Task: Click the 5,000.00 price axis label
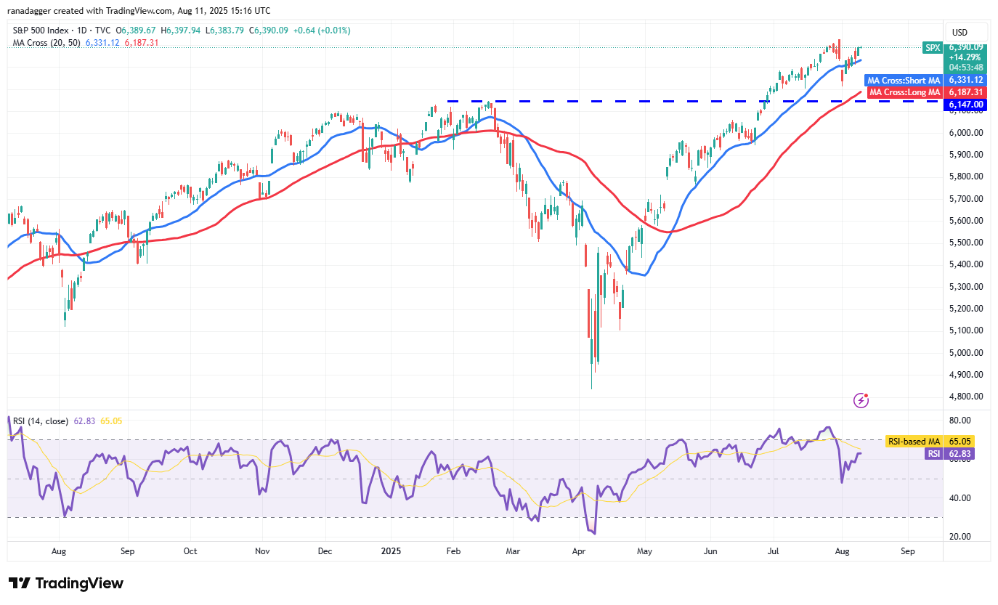click(x=965, y=352)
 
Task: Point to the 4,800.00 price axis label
click(x=965, y=397)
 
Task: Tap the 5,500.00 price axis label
click(x=965, y=242)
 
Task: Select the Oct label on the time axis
click(x=190, y=551)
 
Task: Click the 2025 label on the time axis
click(x=391, y=551)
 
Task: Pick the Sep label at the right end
click(x=907, y=551)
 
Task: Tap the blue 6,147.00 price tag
click(x=965, y=105)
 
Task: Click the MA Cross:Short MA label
click(x=903, y=80)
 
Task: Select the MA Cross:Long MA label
click(x=904, y=92)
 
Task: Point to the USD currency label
click(x=960, y=32)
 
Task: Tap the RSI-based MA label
click(x=914, y=441)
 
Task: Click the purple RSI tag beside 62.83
click(x=933, y=453)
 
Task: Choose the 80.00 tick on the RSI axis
click(x=960, y=421)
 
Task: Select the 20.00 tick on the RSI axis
click(x=960, y=537)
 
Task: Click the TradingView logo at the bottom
click(x=66, y=583)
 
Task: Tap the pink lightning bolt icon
click(x=861, y=399)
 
